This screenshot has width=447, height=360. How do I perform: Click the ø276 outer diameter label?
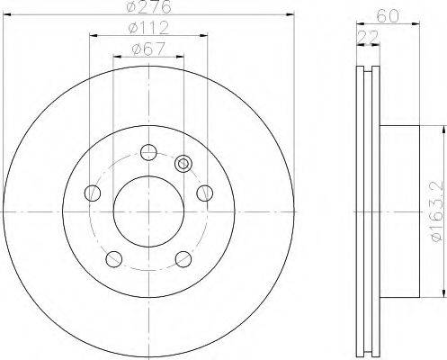[x=148, y=6]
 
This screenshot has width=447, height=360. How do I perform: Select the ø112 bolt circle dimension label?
[x=148, y=28]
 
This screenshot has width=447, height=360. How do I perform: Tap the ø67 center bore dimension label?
[x=148, y=49]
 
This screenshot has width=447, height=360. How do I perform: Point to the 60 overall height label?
[x=388, y=15]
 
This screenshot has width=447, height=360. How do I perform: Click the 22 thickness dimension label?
[x=368, y=38]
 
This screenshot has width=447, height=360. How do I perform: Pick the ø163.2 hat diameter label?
[x=437, y=211]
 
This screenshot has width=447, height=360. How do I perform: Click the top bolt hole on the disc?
[x=148, y=152]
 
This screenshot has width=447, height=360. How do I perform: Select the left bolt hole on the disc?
[x=93, y=193]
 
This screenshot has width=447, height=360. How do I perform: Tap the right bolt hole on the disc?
[x=205, y=193]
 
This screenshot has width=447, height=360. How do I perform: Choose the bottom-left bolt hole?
[x=114, y=259]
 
